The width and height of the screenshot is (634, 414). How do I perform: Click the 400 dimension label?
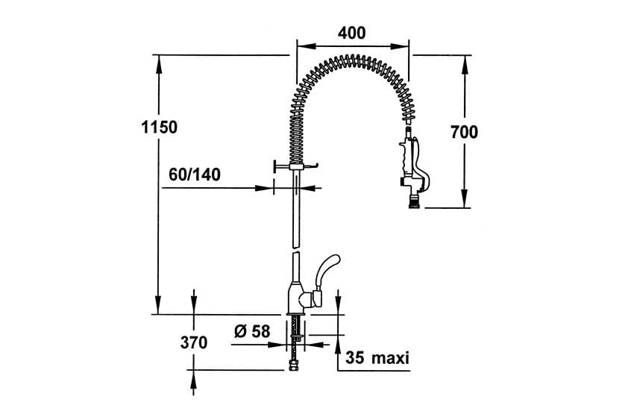click(x=352, y=33)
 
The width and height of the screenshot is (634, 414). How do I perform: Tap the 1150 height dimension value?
click(x=160, y=127)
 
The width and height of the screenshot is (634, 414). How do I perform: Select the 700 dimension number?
click(x=464, y=132)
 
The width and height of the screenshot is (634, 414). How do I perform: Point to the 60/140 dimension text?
click(x=195, y=175)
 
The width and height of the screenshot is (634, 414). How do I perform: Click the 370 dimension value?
click(x=194, y=342)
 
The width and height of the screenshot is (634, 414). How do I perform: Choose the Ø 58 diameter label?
click(x=252, y=331)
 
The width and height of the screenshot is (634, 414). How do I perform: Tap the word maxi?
click(x=390, y=358)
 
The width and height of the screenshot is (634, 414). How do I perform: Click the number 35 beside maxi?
click(x=354, y=358)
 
